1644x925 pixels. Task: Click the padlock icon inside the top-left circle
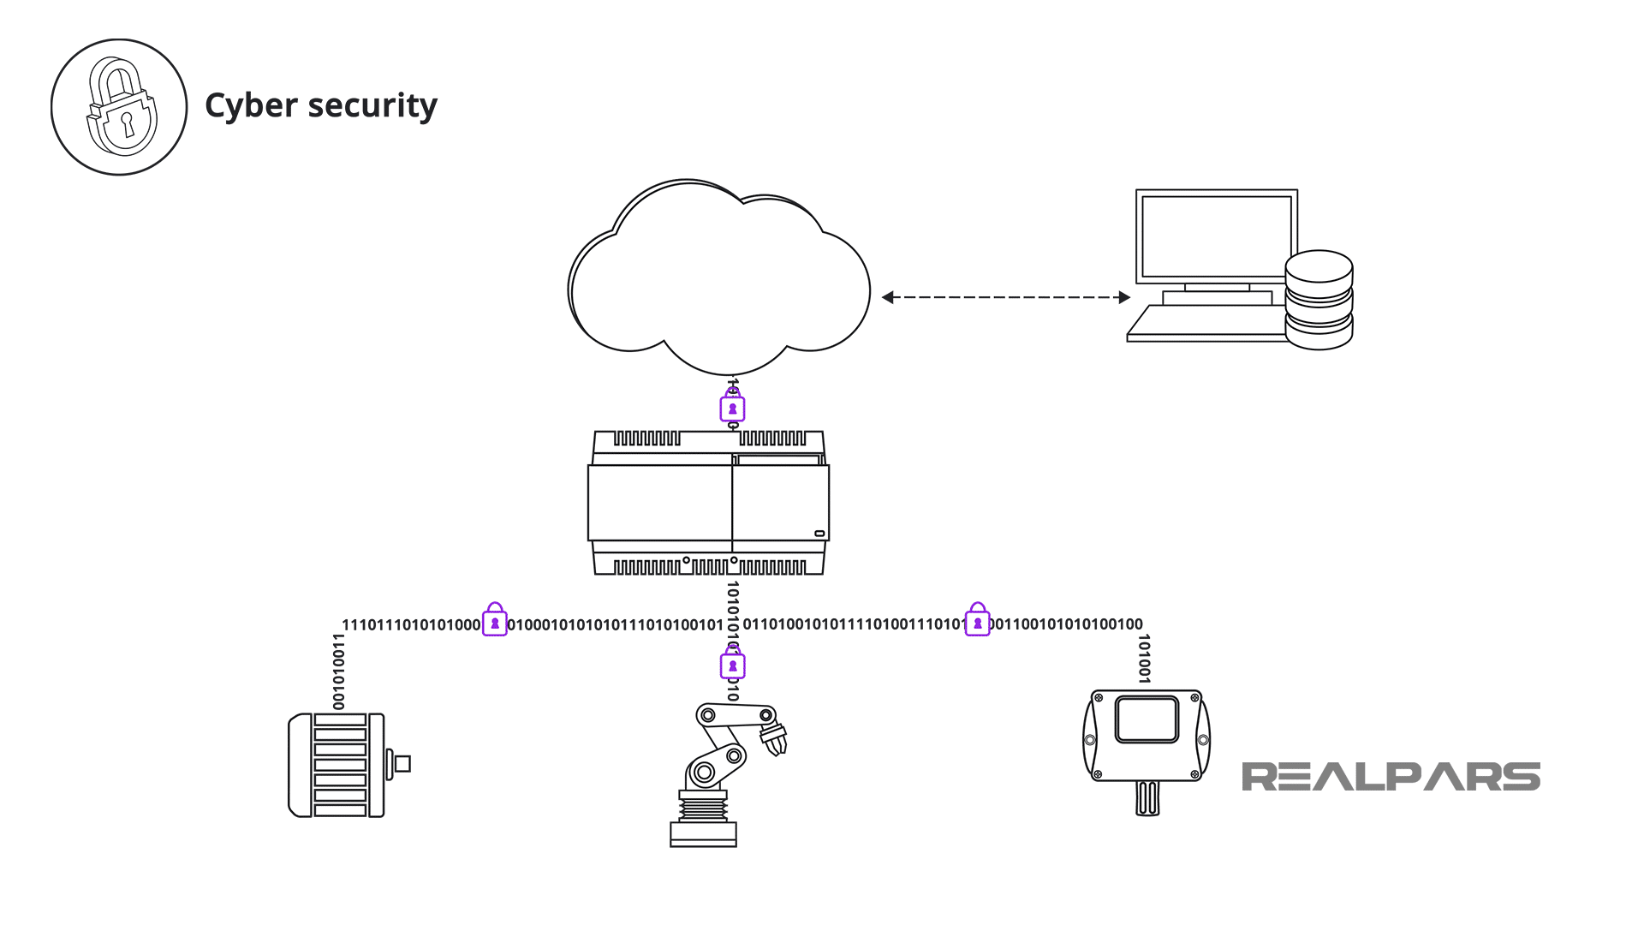[x=121, y=108]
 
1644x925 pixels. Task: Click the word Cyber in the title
[x=251, y=106]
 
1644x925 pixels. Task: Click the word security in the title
[x=372, y=106]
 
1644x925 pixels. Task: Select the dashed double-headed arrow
[x=1006, y=297]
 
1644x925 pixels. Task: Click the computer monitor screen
[x=1215, y=236]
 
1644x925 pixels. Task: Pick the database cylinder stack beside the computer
[x=1319, y=300]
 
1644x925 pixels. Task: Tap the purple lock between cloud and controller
[x=732, y=408]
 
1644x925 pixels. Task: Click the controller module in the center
[x=708, y=503]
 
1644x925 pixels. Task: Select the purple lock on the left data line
[x=495, y=622]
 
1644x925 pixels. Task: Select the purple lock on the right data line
[x=977, y=622]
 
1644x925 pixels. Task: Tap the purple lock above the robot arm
[x=732, y=665]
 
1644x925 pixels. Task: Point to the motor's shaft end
[x=402, y=763]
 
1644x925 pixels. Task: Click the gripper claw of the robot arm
[x=774, y=737]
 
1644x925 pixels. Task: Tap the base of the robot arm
[x=703, y=832]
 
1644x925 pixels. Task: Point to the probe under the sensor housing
[x=1147, y=798]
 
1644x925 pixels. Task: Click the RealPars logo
[x=1391, y=776]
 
